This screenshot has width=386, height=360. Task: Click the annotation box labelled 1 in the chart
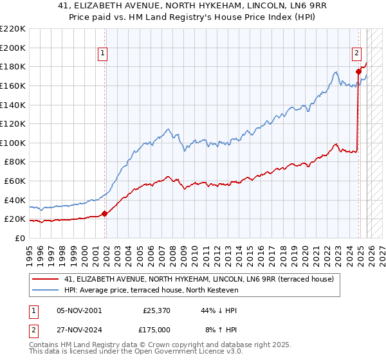click(104, 54)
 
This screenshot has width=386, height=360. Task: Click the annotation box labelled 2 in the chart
click(356, 54)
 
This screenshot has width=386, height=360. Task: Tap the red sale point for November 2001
click(105, 214)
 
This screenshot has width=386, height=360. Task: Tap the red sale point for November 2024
click(358, 71)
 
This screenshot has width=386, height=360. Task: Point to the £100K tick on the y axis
click(13, 143)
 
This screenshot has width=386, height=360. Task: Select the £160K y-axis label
click(13, 85)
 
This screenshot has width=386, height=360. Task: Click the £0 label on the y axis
click(19, 239)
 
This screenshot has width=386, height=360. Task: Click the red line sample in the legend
click(45, 280)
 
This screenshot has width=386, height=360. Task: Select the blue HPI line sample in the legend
click(45, 291)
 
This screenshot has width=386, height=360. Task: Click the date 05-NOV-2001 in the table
click(79, 310)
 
